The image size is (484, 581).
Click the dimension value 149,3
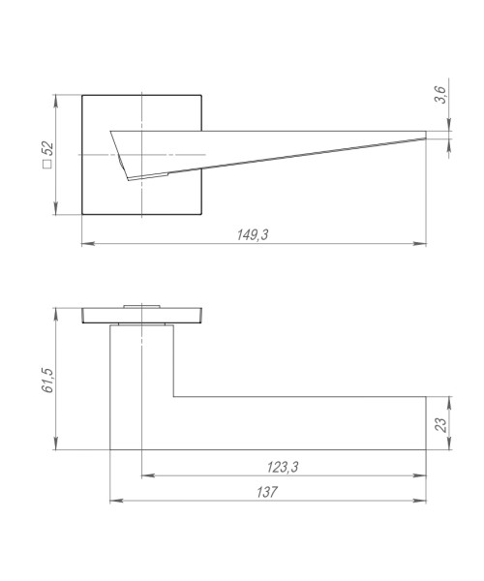253,235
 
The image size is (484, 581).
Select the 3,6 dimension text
441,95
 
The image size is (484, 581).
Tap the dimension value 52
48,149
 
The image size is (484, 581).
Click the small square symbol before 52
47,165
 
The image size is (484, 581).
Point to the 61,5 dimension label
48,381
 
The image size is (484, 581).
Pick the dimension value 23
441,425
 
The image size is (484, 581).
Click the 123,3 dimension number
283,468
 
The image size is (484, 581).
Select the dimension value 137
266,492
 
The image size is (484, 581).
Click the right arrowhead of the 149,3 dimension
420,244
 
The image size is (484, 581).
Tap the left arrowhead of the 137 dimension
116,501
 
